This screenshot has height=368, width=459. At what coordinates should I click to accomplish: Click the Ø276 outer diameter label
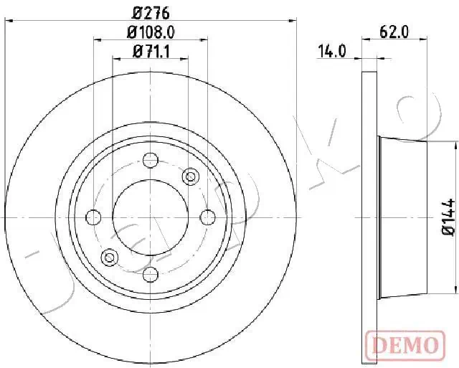pyautogui.click(x=150, y=12)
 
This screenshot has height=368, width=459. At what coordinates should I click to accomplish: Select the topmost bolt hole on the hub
pyautogui.click(x=150, y=160)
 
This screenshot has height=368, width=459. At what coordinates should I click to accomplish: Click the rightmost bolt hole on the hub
pyautogui.click(x=207, y=217)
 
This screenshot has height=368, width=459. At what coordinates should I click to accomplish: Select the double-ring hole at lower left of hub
pyautogui.click(x=110, y=257)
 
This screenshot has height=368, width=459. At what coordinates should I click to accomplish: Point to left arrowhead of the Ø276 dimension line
pyautogui.click(x=9, y=22)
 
